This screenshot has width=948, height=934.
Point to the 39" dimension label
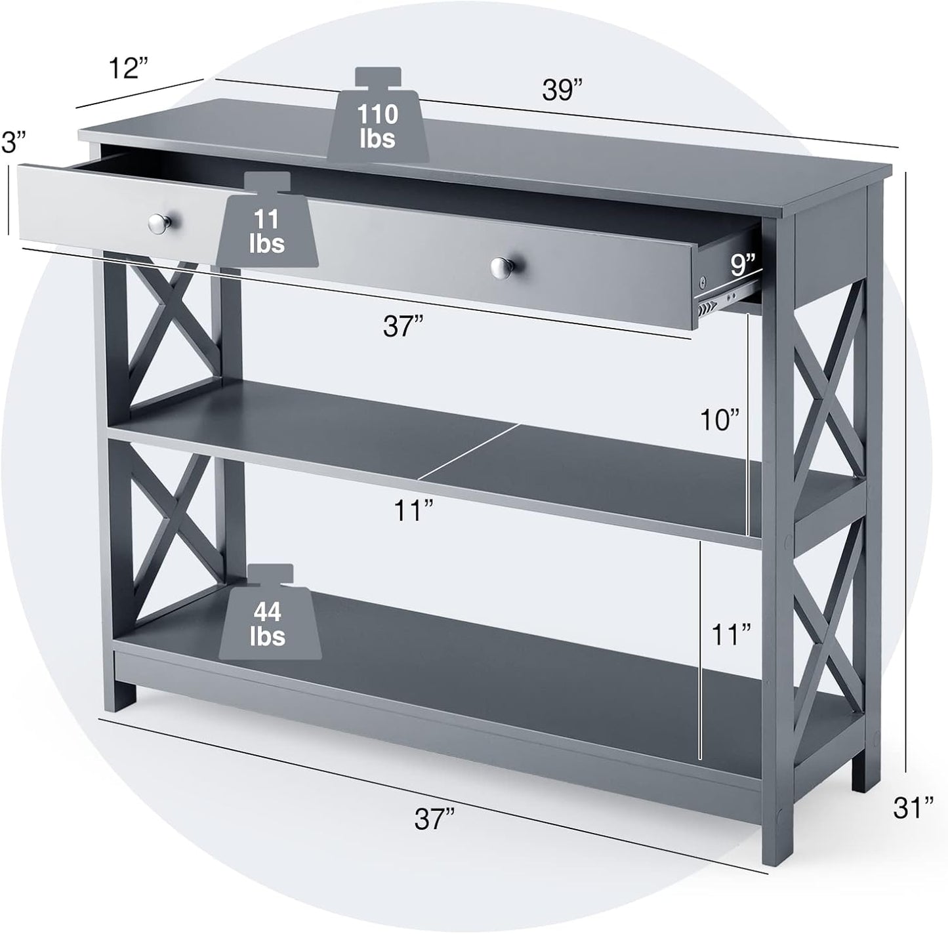point(562,89)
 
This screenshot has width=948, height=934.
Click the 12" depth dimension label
point(128,68)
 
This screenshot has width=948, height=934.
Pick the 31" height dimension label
point(913,807)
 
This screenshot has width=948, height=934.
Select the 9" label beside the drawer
point(742,265)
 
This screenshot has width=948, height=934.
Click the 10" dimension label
point(719,420)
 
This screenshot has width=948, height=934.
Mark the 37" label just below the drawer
point(403,326)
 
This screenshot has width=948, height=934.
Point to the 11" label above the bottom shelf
point(731,634)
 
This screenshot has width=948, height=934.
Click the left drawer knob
point(159,224)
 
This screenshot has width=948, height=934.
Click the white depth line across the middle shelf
point(468,452)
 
